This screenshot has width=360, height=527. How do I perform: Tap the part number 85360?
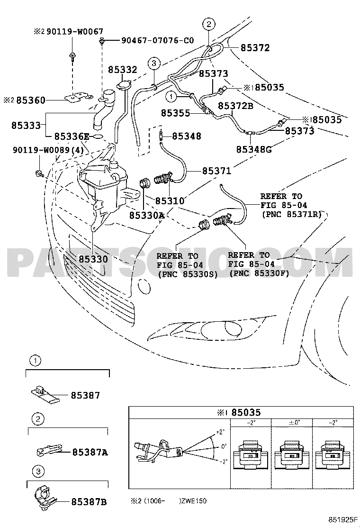point(31,100)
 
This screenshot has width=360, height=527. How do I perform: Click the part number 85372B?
point(236,106)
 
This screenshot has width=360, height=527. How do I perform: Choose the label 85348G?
point(254,150)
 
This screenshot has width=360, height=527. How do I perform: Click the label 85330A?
point(146,216)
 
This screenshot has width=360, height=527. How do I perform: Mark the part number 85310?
point(170,201)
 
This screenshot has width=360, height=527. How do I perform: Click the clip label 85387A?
point(90,452)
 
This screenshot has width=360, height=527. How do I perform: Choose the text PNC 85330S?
point(187,273)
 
